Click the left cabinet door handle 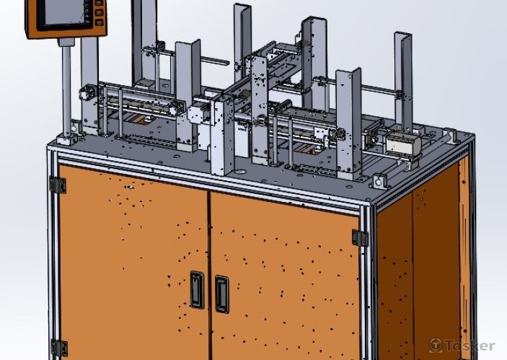pyautogui.click(x=197, y=289)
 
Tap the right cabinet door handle pyautogui.click(x=222, y=294)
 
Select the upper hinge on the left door pyautogui.click(x=58, y=185)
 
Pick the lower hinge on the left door pyautogui.click(x=59, y=348)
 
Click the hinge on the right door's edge pyautogui.click(x=360, y=238)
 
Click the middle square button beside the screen pyautogui.click(x=99, y=13)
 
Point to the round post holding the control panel pyautogui.click(x=66, y=91)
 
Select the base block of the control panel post pyautogui.click(x=67, y=139)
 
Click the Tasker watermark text pyautogui.click(x=462, y=346)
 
